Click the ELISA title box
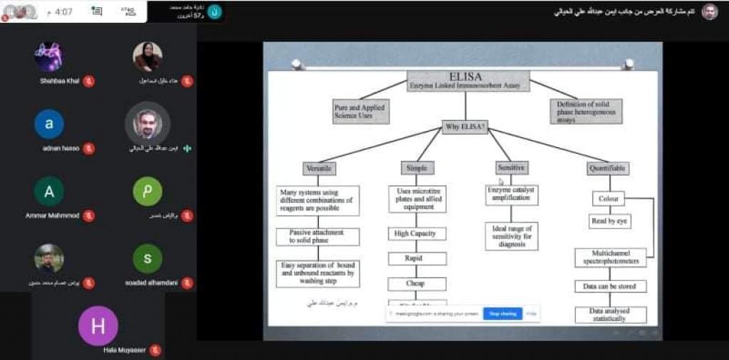(466, 80)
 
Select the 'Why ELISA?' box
(465, 127)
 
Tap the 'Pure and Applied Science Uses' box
(360, 112)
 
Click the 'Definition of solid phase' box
(585, 111)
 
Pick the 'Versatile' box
(318, 169)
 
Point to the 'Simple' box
(416, 169)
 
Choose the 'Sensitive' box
(511, 168)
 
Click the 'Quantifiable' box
(609, 169)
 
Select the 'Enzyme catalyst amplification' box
(511, 194)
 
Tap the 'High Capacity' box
(416, 233)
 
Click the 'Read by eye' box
(609, 221)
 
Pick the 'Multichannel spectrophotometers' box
(610, 258)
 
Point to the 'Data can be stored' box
(610, 286)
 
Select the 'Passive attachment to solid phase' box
(318, 237)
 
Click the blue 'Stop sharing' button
(503, 313)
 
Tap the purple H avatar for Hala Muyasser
(98, 326)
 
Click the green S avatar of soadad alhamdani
(147, 259)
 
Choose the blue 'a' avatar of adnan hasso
(49, 124)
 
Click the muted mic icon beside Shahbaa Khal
(88, 81)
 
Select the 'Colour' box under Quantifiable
(609, 199)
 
